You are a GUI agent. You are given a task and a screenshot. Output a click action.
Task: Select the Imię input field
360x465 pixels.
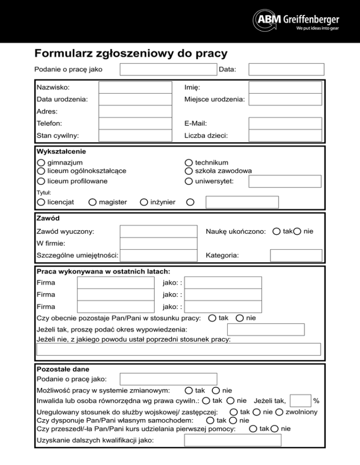(x=285, y=87)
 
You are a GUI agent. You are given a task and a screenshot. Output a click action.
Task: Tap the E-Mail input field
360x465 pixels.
(x=285, y=124)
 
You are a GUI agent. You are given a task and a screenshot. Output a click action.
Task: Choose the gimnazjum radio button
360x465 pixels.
(x=41, y=162)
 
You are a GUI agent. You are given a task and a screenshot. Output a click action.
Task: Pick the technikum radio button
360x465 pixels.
(x=188, y=162)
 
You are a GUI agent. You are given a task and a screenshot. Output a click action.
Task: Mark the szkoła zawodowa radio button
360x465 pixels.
(x=188, y=171)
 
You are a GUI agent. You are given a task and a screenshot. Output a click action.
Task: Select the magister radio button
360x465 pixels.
(x=92, y=202)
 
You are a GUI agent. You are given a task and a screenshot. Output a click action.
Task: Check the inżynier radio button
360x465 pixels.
(x=144, y=202)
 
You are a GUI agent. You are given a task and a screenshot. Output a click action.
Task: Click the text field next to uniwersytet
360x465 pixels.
(x=285, y=181)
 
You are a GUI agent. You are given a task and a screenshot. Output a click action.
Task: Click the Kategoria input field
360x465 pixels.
(x=296, y=255)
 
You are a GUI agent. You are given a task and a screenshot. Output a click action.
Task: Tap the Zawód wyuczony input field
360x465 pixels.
(x=158, y=232)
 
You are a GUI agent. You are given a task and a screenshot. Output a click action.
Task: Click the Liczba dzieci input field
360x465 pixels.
(x=285, y=135)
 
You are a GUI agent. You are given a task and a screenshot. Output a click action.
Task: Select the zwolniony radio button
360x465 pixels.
(x=279, y=412)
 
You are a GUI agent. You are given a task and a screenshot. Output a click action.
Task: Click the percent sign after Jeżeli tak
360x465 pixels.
(x=316, y=401)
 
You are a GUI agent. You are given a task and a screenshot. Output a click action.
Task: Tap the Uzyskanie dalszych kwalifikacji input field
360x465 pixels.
(x=232, y=441)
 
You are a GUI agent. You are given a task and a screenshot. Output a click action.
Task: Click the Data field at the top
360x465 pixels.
(x=286, y=70)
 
